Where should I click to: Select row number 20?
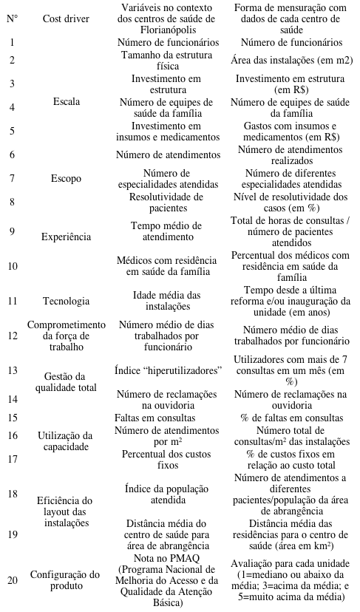click(13, 579)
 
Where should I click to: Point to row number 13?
click(13, 370)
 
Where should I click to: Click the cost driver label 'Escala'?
click(67, 101)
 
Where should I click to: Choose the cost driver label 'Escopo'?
click(67, 178)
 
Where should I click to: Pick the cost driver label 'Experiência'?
click(67, 237)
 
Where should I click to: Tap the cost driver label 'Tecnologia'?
click(67, 301)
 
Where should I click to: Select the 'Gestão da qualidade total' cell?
click(67, 383)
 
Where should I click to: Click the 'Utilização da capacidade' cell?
click(67, 441)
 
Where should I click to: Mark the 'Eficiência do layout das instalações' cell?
click(67, 511)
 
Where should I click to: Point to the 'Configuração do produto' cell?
click(67, 579)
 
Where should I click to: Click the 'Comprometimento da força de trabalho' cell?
click(67, 335)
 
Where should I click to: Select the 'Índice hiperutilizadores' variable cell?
click(169, 370)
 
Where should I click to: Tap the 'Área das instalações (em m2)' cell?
click(291, 60)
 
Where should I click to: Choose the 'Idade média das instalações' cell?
click(169, 301)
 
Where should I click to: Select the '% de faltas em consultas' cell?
click(291, 418)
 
